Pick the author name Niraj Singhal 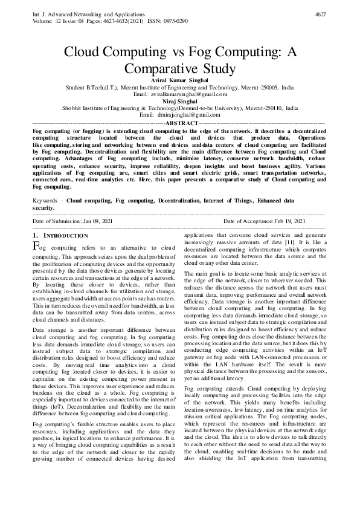[179, 101]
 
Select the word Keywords [47, 199]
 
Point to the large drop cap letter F [36, 247]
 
